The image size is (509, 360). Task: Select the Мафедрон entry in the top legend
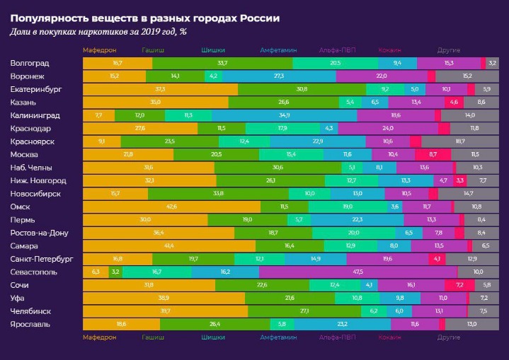(99, 50)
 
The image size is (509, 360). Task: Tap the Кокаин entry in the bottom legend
(389, 338)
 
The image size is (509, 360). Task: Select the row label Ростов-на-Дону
(41, 233)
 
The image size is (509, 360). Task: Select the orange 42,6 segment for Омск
(171, 207)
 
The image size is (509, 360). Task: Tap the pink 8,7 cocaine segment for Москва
(428, 154)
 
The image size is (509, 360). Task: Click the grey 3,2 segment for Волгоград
(492, 63)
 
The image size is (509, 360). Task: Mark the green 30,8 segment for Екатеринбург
(302, 89)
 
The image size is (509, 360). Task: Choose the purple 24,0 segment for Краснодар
(387, 129)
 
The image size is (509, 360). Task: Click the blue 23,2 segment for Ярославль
(342, 324)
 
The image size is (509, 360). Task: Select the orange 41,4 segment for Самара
(168, 245)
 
